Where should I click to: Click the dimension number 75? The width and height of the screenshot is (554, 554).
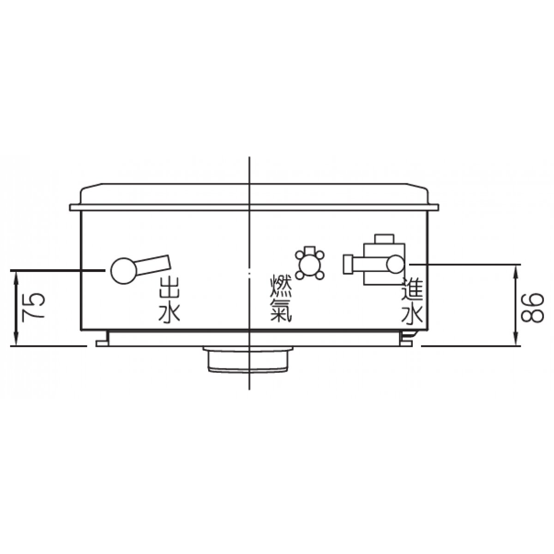pos(33,305)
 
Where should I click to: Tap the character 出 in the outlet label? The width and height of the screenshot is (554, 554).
pos(169,288)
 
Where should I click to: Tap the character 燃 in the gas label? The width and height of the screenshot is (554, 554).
pos(281,288)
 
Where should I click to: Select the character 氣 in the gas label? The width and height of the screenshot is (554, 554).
pos(281,311)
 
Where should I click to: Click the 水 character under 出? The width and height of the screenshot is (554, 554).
pos(169,311)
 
